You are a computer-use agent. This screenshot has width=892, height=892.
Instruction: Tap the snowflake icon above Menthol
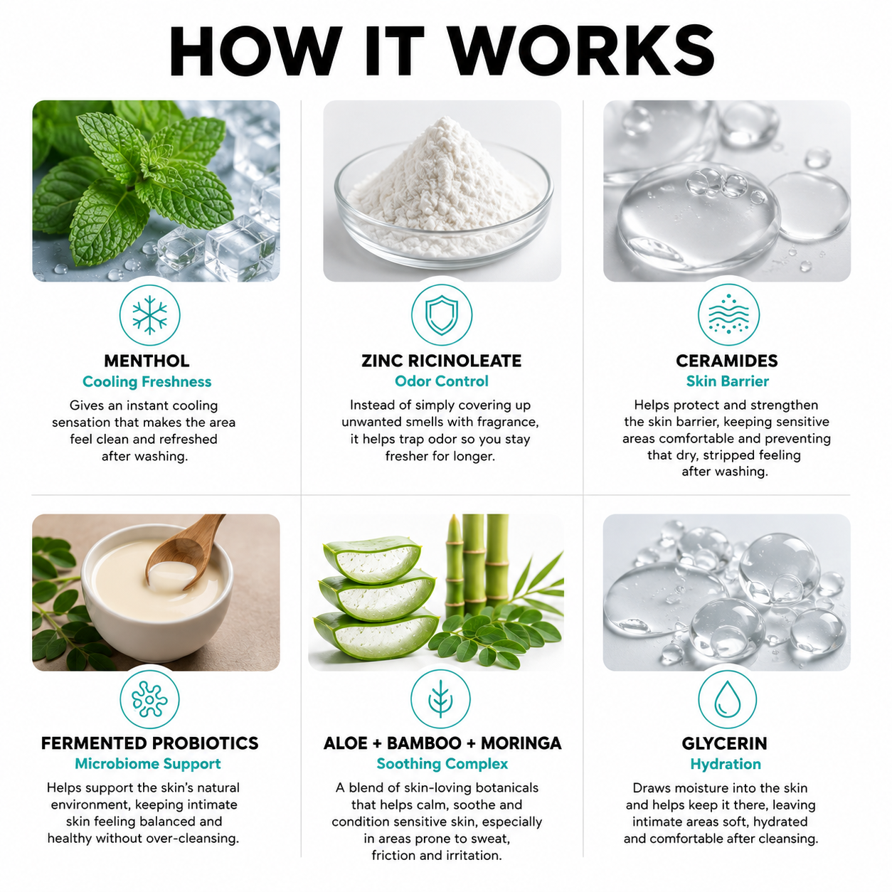point(149,315)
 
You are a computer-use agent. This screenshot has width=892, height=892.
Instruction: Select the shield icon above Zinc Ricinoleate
point(442,315)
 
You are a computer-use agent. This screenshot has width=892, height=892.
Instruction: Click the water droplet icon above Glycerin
point(727,699)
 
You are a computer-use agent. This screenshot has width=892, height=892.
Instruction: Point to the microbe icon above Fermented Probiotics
point(149,699)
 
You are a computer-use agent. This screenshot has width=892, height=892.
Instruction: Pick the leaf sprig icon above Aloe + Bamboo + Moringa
point(440,699)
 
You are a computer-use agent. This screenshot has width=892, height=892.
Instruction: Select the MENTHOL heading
point(147,361)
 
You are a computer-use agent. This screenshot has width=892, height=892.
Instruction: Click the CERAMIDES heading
point(727,361)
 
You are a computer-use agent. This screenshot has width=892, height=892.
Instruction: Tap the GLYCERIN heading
point(724,743)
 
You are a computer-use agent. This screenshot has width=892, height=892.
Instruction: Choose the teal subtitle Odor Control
point(442,381)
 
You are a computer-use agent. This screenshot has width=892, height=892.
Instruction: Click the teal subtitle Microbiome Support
point(148,764)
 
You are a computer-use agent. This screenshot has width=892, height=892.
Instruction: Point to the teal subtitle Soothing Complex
point(442,764)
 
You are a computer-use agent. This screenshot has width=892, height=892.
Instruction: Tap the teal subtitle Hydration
point(726,764)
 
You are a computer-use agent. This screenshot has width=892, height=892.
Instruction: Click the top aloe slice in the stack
point(373,559)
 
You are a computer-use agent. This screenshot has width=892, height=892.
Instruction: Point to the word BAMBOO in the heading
point(423,743)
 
